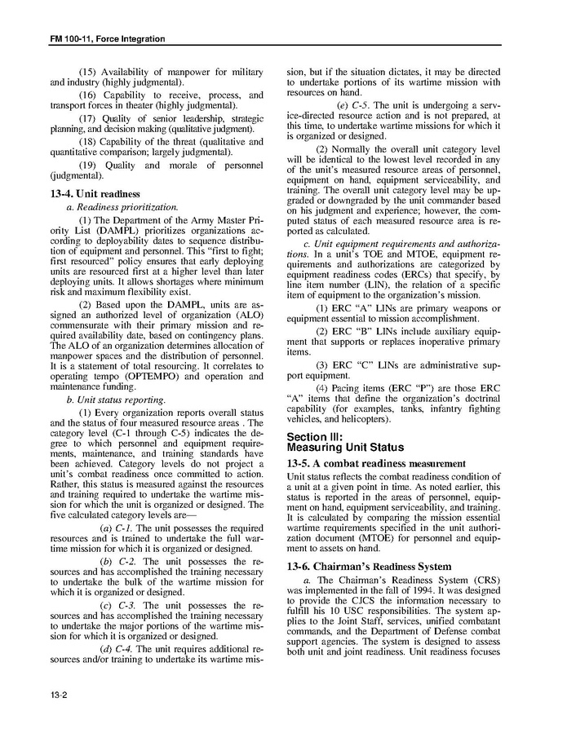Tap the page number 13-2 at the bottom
(59, 695)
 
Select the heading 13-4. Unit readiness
(85, 193)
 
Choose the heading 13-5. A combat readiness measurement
(376, 463)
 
